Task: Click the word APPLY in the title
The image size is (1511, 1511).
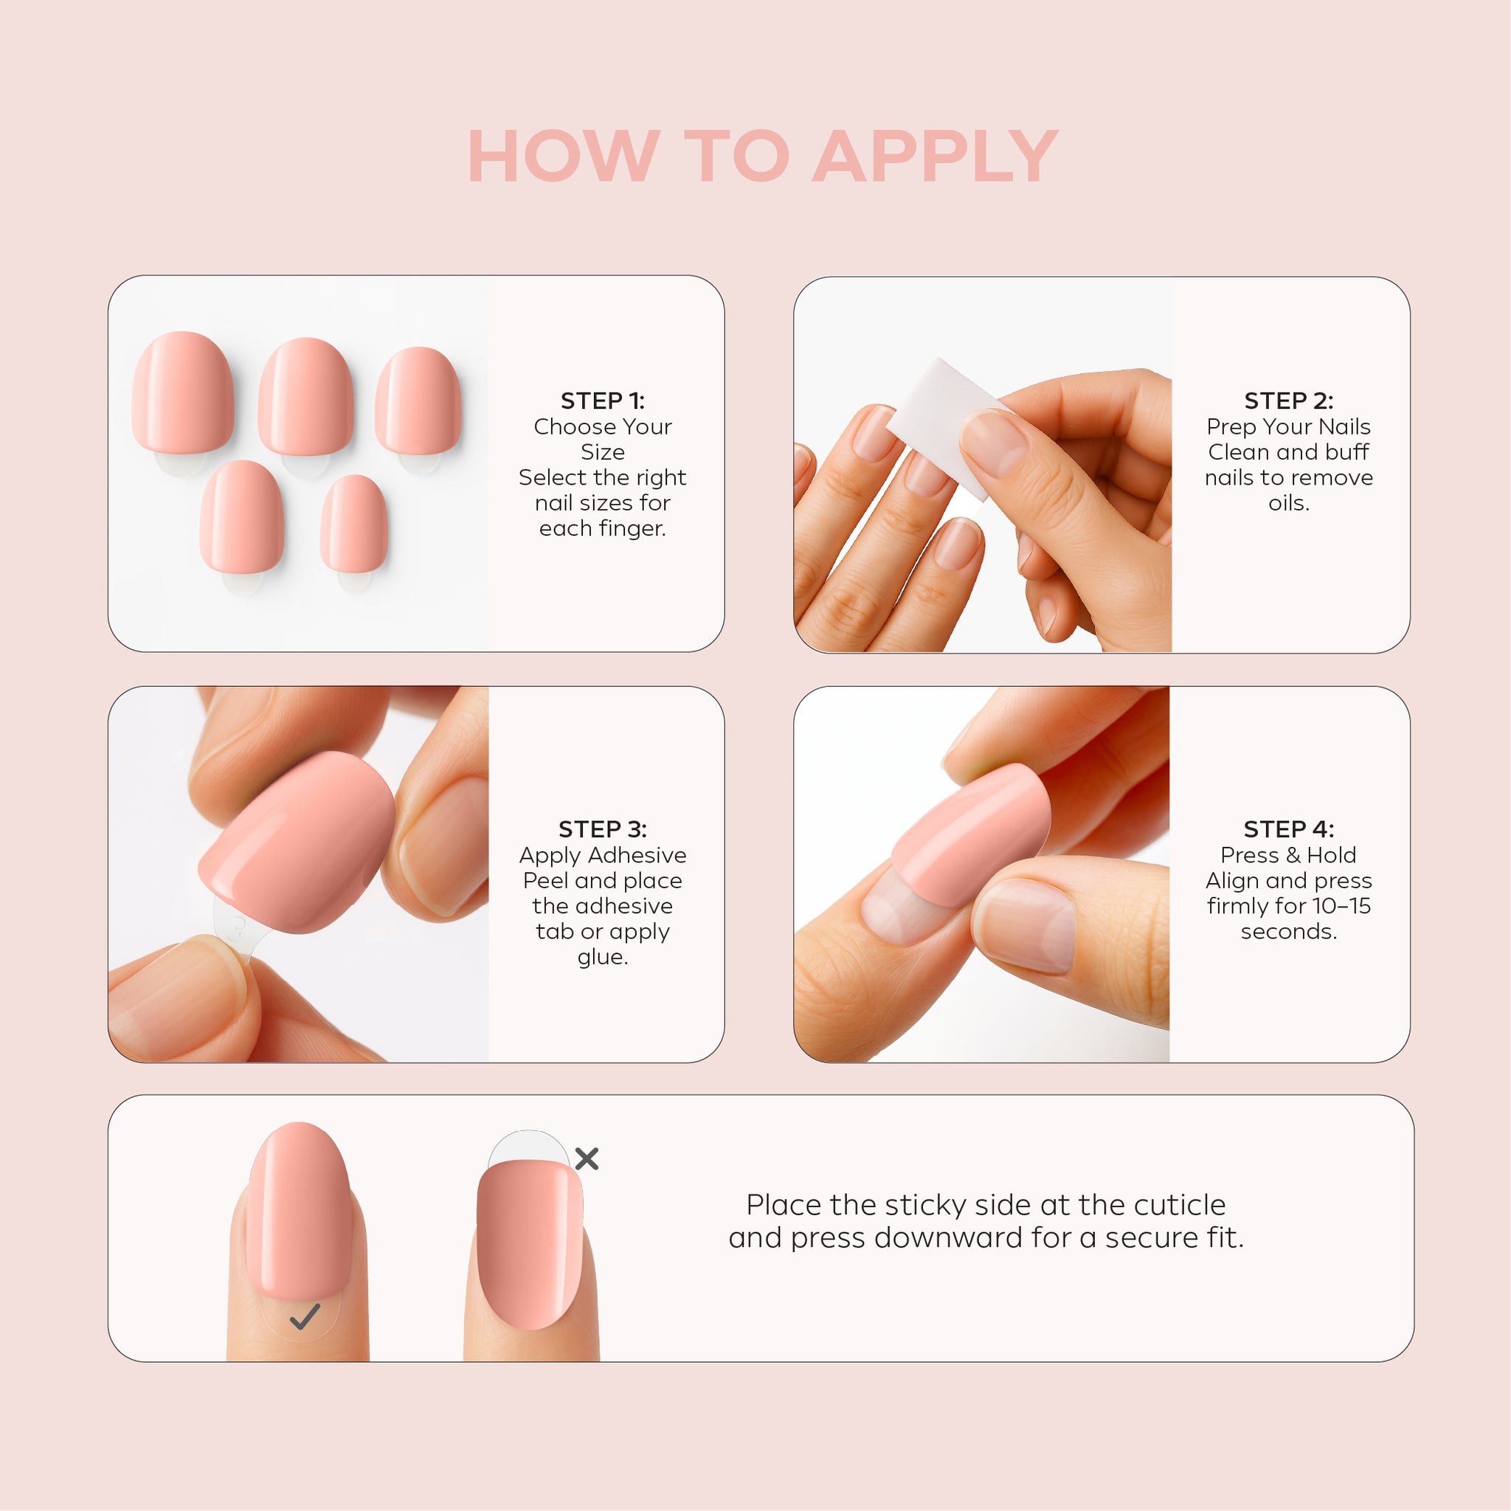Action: click(936, 156)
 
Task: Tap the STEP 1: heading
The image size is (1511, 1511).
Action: click(602, 401)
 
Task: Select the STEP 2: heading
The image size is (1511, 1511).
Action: click(1288, 401)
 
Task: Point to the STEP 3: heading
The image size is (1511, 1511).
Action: click(602, 829)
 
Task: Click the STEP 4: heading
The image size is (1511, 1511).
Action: click(1288, 829)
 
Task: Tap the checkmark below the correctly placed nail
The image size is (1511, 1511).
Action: click(304, 1317)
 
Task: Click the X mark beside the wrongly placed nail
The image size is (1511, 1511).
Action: click(587, 1159)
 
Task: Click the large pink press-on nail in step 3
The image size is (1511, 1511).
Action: click(298, 843)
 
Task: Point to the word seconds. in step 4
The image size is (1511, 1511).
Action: click(1288, 932)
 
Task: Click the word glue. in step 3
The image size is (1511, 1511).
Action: click(602, 957)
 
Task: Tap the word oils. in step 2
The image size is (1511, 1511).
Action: click(1288, 503)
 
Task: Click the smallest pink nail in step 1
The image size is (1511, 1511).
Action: click(353, 524)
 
